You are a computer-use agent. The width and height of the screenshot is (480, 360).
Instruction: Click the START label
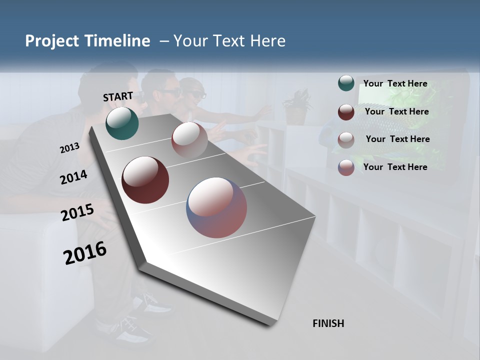point(118,96)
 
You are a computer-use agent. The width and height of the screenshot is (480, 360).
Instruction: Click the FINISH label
point(328,323)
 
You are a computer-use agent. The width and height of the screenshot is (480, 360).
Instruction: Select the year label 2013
point(69,148)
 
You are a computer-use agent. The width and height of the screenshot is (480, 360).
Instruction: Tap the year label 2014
point(73,177)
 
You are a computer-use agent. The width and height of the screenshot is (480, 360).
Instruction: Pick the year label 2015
point(77,212)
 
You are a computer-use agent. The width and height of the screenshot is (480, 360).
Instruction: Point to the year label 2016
point(85,252)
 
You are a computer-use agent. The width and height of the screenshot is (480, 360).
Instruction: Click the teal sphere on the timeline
point(122,123)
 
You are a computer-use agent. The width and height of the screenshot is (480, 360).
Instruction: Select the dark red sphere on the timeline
point(145,180)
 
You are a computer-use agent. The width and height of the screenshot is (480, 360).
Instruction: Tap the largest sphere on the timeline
point(216,207)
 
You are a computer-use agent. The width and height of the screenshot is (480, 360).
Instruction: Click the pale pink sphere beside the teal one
point(189,139)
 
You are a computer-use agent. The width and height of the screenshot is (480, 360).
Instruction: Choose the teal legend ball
point(346,83)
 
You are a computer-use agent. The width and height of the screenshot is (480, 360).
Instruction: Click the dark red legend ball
point(346,112)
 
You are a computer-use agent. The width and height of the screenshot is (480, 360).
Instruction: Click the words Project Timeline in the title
point(87,41)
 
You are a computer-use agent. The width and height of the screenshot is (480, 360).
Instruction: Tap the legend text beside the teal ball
point(395,83)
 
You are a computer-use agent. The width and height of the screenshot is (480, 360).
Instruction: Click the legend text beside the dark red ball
point(396,111)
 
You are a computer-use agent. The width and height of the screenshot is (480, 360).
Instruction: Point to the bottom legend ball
point(346,167)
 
